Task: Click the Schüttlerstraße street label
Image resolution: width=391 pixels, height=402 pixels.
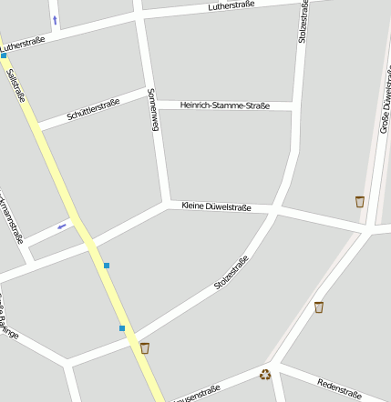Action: (x=93, y=109)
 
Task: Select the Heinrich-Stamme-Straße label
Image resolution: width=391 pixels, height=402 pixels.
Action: (x=225, y=106)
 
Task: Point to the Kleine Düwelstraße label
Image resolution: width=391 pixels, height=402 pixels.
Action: (x=216, y=207)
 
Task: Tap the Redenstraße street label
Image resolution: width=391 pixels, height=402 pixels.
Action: (x=339, y=389)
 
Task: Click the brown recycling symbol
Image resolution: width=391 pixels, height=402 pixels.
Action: (x=265, y=374)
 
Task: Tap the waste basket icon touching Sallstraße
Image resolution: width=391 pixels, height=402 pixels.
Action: (x=145, y=347)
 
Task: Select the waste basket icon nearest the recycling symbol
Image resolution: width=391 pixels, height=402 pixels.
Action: (x=318, y=307)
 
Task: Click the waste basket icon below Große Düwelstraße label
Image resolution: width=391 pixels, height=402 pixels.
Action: (x=360, y=201)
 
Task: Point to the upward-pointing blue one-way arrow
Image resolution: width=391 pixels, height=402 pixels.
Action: (x=55, y=19)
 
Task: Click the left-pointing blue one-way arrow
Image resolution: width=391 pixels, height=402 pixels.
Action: (x=62, y=226)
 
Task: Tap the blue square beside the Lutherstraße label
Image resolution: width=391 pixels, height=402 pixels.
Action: (x=4, y=55)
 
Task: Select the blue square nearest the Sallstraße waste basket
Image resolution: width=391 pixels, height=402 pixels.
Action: (x=121, y=327)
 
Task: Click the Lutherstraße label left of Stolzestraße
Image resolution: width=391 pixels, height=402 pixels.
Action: (x=231, y=6)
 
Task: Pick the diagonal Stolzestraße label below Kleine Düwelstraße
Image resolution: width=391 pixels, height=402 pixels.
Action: (x=232, y=274)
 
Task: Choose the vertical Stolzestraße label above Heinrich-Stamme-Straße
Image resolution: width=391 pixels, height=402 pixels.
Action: (x=303, y=22)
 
